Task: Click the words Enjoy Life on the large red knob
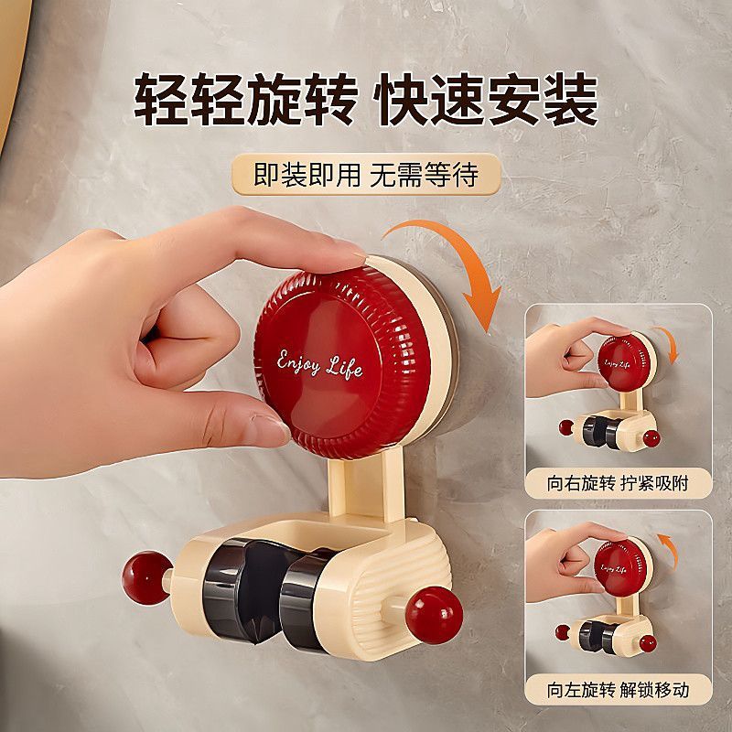(x=319, y=364)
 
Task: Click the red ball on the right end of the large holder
(x=434, y=615)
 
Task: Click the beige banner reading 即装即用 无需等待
(x=366, y=174)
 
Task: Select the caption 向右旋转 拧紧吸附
(x=618, y=484)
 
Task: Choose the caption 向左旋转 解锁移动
(x=618, y=690)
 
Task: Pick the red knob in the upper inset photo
(x=624, y=362)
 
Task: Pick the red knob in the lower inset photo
(x=621, y=567)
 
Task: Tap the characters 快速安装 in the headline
(x=486, y=99)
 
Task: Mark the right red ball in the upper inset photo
(x=651, y=439)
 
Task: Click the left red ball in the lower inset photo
(x=563, y=632)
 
